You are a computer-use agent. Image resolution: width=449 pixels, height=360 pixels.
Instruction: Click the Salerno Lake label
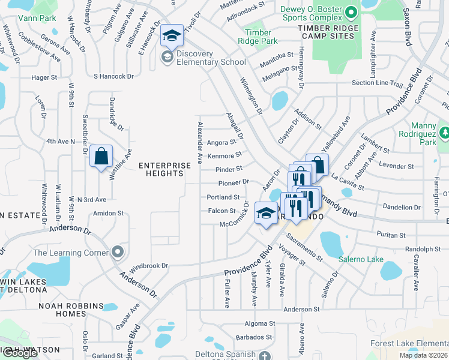click(361, 259)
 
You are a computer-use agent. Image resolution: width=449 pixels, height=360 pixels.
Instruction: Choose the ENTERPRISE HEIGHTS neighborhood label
click(161, 169)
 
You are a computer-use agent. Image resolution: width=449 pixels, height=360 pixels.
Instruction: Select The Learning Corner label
click(71, 252)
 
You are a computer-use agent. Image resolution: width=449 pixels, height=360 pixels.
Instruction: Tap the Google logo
click(20, 353)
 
